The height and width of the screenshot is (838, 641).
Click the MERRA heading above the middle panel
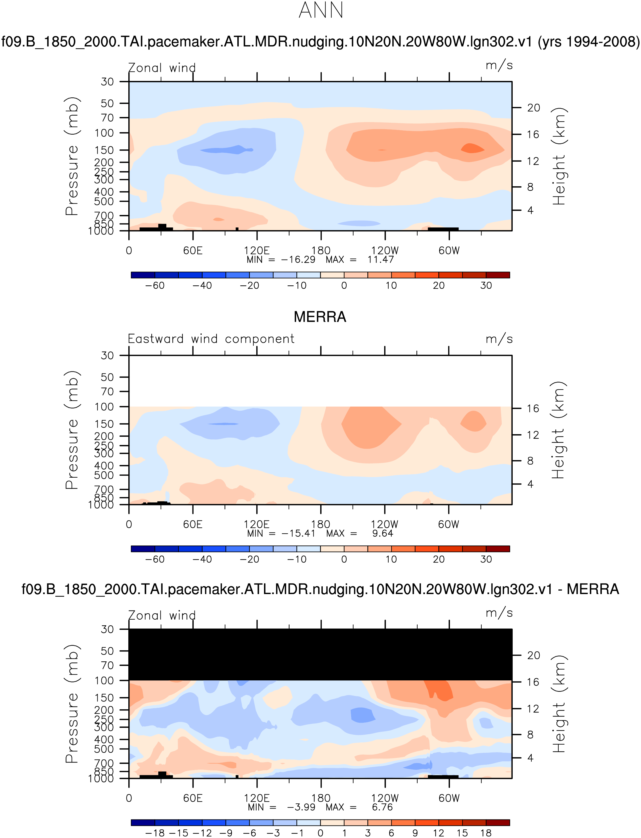[320, 317]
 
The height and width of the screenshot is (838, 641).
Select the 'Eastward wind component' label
[211, 339]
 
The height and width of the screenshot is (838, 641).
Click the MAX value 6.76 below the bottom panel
[382, 807]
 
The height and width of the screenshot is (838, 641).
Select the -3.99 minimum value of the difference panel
[301, 807]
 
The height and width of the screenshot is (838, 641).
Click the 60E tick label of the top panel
[193, 250]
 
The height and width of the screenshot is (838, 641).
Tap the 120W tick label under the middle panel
[385, 524]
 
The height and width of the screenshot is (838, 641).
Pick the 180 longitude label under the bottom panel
[320, 798]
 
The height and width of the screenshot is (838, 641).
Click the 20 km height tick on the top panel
[533, 108]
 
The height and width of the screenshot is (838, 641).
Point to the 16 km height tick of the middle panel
[533, 408]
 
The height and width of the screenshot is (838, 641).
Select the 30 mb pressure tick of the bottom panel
[107, 629]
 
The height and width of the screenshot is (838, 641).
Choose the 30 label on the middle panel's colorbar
[486, 559]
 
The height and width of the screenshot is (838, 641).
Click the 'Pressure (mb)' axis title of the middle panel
[72, 430]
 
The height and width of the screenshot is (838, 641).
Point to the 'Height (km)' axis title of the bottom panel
[558, 704]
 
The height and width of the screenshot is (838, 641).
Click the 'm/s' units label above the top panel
[499, 66]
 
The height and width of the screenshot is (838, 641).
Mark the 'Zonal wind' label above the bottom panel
[162, 615]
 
